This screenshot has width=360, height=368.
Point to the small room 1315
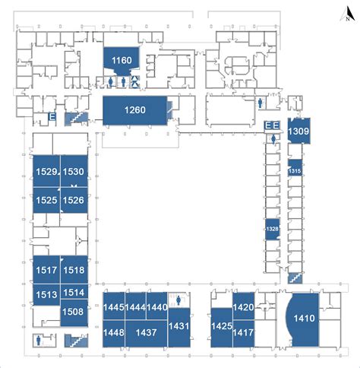295,171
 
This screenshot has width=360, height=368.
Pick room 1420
243,307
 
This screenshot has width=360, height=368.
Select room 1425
221,325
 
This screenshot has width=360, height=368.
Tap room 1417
243,332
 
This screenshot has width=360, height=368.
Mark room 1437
146,332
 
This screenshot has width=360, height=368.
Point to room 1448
113,332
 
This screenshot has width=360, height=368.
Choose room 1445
113,307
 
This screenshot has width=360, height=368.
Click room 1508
73,312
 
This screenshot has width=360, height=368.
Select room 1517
46,269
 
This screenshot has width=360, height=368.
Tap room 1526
73,200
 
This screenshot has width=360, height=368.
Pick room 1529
46,172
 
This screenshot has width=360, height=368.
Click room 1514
73,293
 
